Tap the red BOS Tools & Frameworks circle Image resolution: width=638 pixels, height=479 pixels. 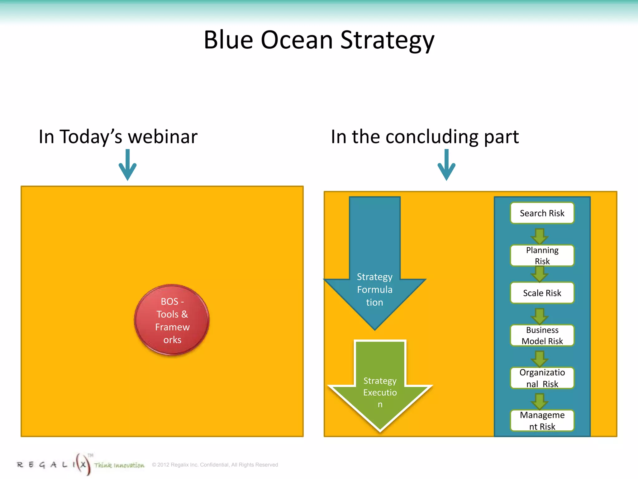(172, 320)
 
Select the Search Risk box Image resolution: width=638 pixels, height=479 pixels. (542, 213)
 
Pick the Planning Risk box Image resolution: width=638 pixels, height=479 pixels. (542, 255)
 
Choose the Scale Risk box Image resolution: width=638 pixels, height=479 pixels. (542, 293)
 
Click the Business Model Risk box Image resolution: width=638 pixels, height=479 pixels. (542, 335)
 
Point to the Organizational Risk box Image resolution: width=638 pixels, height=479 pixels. (542, 378)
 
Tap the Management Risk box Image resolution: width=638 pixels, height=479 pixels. (542, 420)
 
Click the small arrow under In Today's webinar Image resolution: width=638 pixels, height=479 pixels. (127, 165)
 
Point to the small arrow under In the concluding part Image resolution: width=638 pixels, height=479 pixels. (446, 165)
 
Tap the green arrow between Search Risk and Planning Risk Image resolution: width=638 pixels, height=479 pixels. (540, 236)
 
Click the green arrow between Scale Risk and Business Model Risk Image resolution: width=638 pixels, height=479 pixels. (540, 316)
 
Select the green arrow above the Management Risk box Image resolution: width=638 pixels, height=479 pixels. (540, 401)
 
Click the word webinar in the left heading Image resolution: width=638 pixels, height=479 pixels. (163, 137)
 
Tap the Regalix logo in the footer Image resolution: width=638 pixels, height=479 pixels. (53, 465)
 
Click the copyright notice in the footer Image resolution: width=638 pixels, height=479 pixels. (215, 465)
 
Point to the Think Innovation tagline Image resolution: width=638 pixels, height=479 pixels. (119, 465)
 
